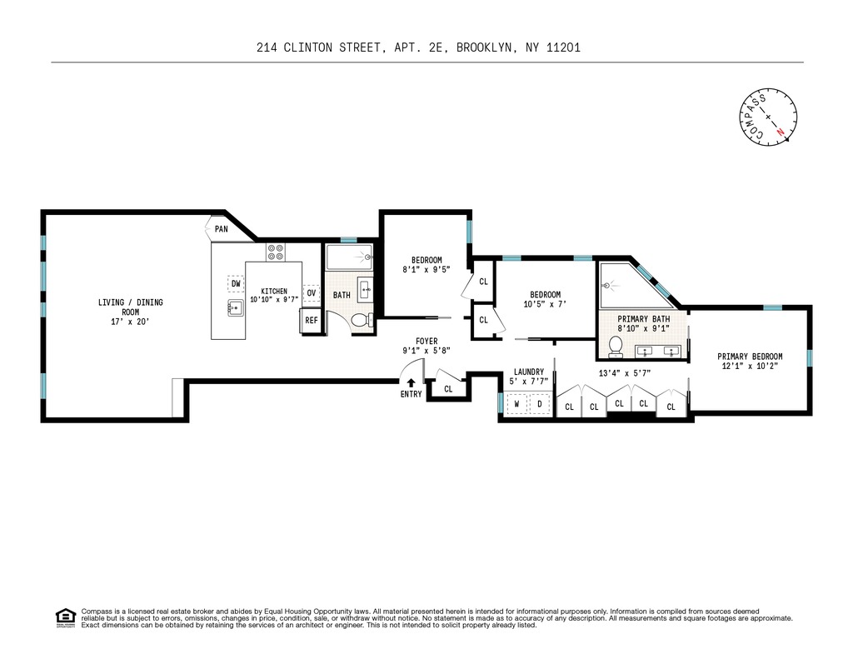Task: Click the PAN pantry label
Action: pos(221,229)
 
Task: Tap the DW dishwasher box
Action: pos(236,283)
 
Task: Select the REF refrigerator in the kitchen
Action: pos(311,321)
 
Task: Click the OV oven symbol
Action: pos(312,292)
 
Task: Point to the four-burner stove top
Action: pos(275,252)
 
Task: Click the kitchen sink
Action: pos(236,308)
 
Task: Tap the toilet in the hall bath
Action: pos(362,321)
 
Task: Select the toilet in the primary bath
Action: pos(616,347)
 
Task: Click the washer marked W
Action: pos(516,404)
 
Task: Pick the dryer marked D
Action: pos(540,404)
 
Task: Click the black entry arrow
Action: pos(411,383)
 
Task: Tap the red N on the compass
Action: pos(781,131)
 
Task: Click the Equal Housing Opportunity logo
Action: pos(66,618)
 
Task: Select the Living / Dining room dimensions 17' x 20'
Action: pos(130,322)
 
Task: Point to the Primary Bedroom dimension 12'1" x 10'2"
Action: pos(750,367)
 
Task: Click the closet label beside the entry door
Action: pos(448,389)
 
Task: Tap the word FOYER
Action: pos(426,342)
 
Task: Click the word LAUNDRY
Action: pos(529,372)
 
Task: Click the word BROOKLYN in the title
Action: pos(484,47)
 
